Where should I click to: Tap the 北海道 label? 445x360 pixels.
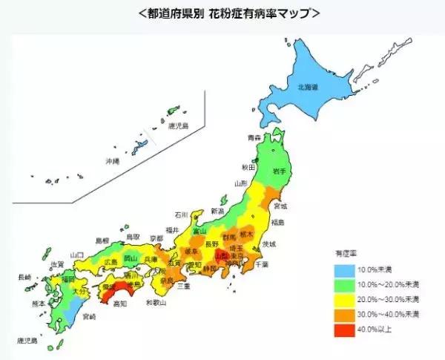(x=309, y=88)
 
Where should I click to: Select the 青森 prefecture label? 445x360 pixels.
(x=254, y=138)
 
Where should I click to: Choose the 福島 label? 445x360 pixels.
(x=277, y=222)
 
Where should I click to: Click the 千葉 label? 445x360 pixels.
(x=262, y=264)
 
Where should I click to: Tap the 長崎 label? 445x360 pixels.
(x=24, y=277)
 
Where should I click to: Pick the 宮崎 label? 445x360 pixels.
(x=89, y=315)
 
